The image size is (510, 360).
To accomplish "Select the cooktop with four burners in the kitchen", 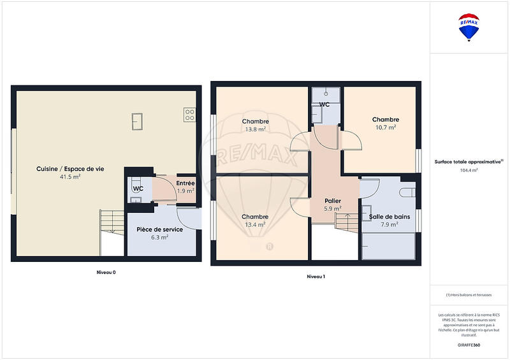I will (x=189, y=115).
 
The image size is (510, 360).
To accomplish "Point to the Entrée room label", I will (x=186, y=184).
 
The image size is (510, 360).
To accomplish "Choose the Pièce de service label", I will (x=160, y=229).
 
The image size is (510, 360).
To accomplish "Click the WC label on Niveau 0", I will (x=138, y=189).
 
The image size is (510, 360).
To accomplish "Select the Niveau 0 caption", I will (x=106, y=272).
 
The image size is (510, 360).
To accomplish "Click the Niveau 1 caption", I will (x=316, y=277).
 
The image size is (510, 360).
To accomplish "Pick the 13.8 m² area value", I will (x=255, y=129).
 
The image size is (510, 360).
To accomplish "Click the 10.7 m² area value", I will (x=386, y=127).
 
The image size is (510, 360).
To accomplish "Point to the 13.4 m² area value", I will (x=255, y=224).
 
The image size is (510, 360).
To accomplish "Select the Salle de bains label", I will (x=390, y=217).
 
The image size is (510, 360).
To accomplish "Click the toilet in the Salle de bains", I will (x=407, y=192).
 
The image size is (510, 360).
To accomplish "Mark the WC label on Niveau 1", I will (x=324, y=104).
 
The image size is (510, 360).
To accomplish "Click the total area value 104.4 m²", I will (x=469, y=170).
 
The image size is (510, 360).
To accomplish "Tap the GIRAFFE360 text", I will (x=469, y=344).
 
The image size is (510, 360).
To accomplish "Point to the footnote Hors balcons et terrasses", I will (x=469, y=296).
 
